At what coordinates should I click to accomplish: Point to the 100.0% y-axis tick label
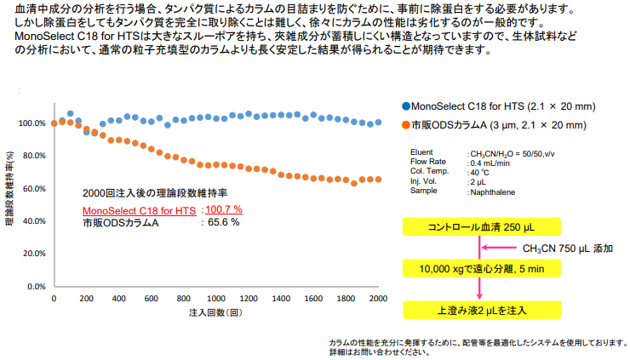(30, 123)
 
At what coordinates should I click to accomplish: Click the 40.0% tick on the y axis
(31, 221)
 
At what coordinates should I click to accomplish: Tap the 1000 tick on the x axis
(216, 299)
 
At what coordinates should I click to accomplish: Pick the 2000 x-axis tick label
(378, 299)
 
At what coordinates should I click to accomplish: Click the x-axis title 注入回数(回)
(216, 313)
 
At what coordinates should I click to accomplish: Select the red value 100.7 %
(224, 209)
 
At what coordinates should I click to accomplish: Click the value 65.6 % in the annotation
(220, 222)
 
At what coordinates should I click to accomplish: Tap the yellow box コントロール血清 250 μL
(481, 226)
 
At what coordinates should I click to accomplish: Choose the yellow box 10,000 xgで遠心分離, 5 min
(481, 269)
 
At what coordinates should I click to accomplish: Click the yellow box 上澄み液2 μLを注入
(481, 309)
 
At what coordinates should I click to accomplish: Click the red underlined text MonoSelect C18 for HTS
(139, 209)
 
